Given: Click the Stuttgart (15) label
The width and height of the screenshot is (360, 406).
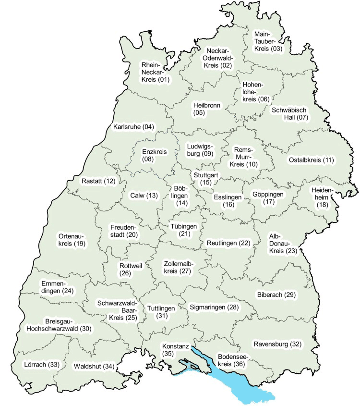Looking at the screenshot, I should coord(206,178).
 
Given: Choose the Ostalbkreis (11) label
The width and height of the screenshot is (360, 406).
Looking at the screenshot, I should coord(311,160).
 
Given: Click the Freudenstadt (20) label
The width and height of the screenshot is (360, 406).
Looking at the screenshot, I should coord(124,231).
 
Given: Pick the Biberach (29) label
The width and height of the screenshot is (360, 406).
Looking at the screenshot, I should coord(276,294).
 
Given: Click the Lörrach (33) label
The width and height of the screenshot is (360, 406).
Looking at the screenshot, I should coord(41,365).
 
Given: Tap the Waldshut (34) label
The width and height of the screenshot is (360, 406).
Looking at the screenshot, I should coord(94,367).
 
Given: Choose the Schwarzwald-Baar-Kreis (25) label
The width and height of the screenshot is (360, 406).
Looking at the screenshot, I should coord(118,310).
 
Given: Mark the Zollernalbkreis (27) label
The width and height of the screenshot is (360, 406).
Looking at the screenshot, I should coord(178,268).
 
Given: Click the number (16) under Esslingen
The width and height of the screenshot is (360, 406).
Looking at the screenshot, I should coord(228,205).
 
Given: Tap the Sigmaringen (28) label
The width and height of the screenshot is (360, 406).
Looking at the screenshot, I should coord(214,307).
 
